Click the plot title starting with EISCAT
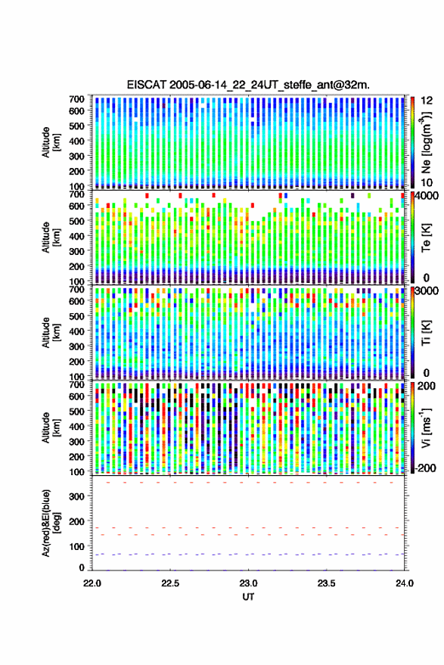click(248, 85)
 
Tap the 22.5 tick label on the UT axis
click(170, 583)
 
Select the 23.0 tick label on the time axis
click(248, 583)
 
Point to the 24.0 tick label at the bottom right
click(405, 583)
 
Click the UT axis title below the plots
click(248, 597)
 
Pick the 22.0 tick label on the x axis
click(92, 583)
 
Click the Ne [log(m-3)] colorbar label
click(426, 143)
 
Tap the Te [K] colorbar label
click(426, 238)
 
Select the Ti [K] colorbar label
click(426, 334)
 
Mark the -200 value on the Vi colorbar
click(426, 468)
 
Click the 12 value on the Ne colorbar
click(427, 101)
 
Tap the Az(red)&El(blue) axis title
click(51, 524)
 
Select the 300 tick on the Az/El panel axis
click(76, 496)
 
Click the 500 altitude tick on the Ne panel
click(76, 126)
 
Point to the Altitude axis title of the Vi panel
click(51, 427)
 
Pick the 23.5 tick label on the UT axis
click(326, 583)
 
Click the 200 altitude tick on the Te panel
click(76, 266)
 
